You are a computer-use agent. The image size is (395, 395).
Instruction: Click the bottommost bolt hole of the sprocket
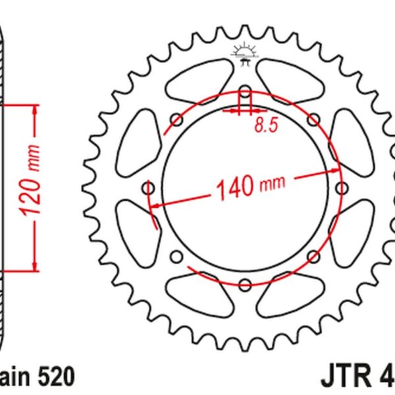click(244, 284)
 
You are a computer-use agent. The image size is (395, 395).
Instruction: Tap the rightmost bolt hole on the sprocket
click(342, 187)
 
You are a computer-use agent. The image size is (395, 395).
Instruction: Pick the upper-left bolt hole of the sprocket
click(176, 118)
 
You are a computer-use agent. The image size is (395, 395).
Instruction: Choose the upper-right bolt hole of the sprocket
click(313, 118)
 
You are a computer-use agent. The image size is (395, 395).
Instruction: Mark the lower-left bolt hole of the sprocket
click(176, 256)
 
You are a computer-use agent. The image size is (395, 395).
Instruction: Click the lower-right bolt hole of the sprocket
click(313, 256)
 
